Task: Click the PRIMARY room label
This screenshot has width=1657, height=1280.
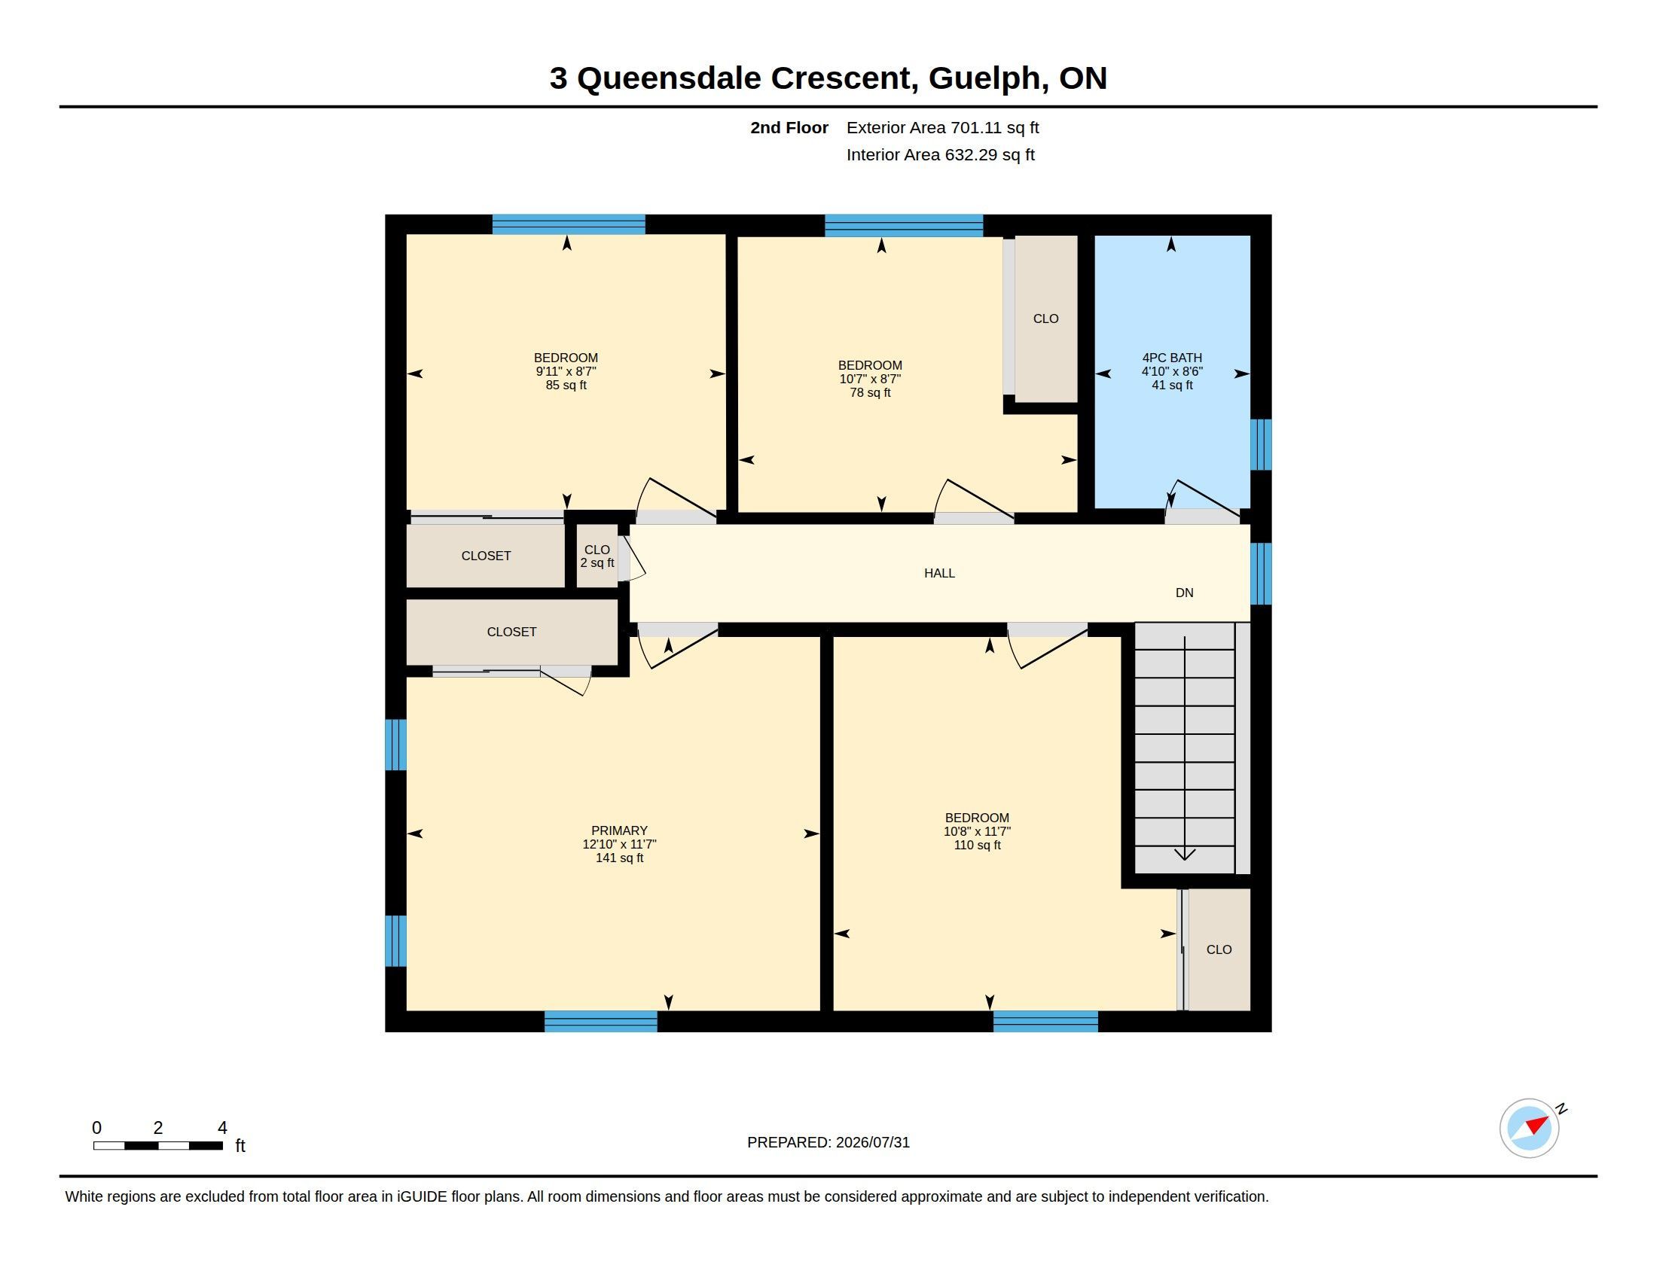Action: tap(619, 830)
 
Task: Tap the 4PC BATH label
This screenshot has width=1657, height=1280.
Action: tap(1172, 358)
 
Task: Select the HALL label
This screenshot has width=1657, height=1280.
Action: tap(939, 573)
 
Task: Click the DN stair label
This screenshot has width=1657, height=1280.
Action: tap(1184, 593)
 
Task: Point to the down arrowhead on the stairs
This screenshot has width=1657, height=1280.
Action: tap(1185, 855)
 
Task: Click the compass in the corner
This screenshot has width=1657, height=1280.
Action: tap(1530, 1129)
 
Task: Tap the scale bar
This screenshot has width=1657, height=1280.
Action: tap(158, 1145)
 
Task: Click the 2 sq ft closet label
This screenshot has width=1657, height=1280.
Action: tap(597, 563)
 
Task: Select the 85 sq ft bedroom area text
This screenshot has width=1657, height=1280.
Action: tap(566, 386)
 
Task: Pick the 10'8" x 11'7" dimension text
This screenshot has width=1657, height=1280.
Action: tap(977, 832)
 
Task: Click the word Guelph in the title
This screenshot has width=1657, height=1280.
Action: tap(984, 78)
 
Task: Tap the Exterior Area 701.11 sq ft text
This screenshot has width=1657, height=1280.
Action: tap(943, 128)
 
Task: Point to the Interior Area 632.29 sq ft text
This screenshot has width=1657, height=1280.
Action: tap(941, 155)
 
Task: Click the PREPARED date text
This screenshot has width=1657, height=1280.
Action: tap(828, 1143)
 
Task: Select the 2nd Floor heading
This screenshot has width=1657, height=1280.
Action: tap(789, 128)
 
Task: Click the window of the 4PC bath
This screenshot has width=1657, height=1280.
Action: tap(1261, 445)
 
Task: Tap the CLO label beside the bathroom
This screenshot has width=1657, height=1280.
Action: tap(1045, 319)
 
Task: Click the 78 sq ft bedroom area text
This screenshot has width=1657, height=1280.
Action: tap(870, 393)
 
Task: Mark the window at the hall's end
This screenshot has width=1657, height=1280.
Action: tap(1261, 573)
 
